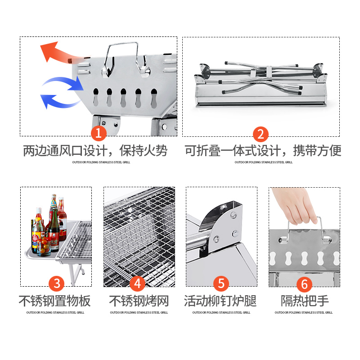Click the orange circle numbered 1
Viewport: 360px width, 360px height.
pos(99,134)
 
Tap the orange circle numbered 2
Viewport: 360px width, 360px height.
pos(261,134)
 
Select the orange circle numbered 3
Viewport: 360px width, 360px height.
pos(56,284)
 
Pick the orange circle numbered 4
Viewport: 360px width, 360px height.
pos(138,284)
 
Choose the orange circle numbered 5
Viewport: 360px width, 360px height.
pos(221,284)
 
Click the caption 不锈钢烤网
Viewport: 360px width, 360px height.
pos(139,301)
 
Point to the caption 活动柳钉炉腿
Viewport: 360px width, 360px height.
pos(220,301)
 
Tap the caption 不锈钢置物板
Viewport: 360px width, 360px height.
pos(54,301)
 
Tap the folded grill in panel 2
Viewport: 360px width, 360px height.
pos(260,88)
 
